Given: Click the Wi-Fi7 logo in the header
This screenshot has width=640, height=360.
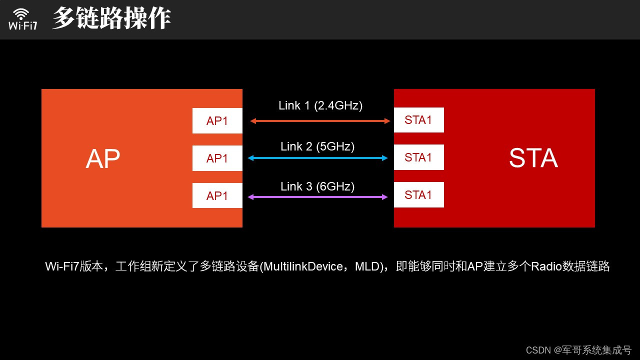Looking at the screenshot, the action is tap(22, 18).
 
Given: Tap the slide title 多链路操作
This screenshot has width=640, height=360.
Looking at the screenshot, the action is tap(111, 18).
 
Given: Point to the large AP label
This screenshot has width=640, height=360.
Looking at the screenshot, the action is tap(103, 159).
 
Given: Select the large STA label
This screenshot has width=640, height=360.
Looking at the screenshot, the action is tap(533, 158).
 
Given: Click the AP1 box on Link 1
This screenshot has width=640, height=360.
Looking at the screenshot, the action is tap(217, 121).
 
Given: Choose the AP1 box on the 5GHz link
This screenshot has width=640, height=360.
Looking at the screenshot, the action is tap(217, 158).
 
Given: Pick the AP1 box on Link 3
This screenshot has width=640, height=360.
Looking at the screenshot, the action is tap(217, 195).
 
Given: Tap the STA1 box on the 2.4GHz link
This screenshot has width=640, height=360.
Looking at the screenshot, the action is tap(418, 120).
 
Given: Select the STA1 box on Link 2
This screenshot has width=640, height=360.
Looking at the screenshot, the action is tap(418, 157).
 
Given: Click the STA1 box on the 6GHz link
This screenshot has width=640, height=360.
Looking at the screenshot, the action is tap(418, 194).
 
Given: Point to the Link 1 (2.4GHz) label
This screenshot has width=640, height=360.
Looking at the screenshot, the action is tap(320, 105).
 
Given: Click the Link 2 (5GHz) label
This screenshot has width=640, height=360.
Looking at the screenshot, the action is tap(317, 146).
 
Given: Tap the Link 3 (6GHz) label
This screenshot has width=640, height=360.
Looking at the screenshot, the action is tap(317, 186).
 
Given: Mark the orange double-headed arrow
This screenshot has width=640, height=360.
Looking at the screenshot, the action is tap(320, 121).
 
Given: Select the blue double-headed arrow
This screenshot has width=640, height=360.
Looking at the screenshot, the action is tap(318, 158).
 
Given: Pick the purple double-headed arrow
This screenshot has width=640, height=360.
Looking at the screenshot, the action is tap(318, 197).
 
